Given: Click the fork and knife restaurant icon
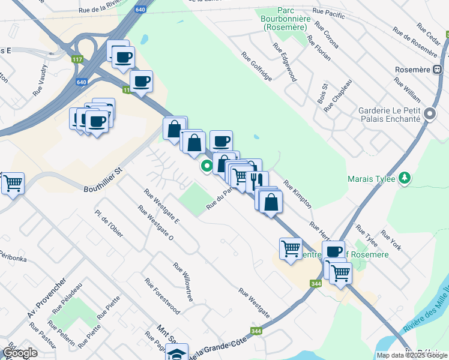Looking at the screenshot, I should point(257,181).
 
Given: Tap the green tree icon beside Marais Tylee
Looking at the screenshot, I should point(405,178).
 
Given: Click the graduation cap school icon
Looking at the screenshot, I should point(177,353).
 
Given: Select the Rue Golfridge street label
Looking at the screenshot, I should point(257,66).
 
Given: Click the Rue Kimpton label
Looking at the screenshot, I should point(298,194).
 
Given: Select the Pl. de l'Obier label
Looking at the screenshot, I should point(109,224).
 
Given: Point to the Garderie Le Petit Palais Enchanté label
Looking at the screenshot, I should point(388,115).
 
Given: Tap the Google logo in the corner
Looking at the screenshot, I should point(20,353).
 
